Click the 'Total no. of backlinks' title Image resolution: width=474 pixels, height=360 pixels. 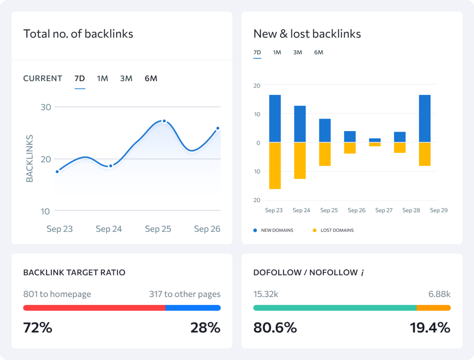(x=78, y=34)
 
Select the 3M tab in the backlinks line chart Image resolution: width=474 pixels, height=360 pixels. (x=126, y=78)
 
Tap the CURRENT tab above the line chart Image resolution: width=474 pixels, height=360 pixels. (x=43, y=78)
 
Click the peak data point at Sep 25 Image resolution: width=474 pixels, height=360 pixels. (x=164, y=121)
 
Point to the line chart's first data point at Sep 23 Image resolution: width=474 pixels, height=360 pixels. (x=57, y=171)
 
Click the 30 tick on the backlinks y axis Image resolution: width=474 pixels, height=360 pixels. (x=46, y=107)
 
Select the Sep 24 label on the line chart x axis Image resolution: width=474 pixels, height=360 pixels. (x=109, y=229)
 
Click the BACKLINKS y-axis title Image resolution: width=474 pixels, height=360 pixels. (x=30, y=158)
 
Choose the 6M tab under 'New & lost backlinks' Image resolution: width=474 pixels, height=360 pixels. (x=318, y=52)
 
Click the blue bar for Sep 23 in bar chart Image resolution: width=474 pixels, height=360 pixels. (x=275, y=118)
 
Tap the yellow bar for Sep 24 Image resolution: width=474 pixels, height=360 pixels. (x=300, y=160)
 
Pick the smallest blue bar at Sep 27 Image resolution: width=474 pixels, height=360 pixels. (x=375, y=140)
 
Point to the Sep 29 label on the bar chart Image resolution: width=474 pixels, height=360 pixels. (x=438, y=210)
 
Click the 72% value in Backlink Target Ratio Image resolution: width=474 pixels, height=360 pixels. (x=37, y=328)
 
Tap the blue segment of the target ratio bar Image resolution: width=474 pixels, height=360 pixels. (x=193, y=308)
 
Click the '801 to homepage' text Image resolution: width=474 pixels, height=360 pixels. (x=57, y=294)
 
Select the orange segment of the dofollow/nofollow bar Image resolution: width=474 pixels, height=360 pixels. (x=433, y=308)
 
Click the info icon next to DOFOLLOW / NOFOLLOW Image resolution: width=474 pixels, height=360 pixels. (x=362, y=273)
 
